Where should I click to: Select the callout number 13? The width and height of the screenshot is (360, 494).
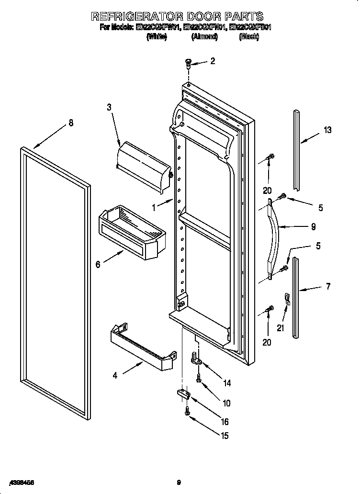click(x=327, y=130)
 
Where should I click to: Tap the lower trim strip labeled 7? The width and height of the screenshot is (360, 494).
click(x=297, y=297)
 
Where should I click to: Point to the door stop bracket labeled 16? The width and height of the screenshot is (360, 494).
click(x=183, y=393)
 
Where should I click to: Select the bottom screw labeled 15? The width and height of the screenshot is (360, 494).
click(x=187, y=410)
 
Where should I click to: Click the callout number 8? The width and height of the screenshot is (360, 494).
click(x=71, y=123)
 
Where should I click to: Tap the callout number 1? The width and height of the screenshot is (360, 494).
click(x=154, y=207)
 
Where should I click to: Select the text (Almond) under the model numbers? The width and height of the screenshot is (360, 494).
click(x=204, y=37)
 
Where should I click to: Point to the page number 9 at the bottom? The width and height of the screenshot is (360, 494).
click(x=178, y=482)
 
